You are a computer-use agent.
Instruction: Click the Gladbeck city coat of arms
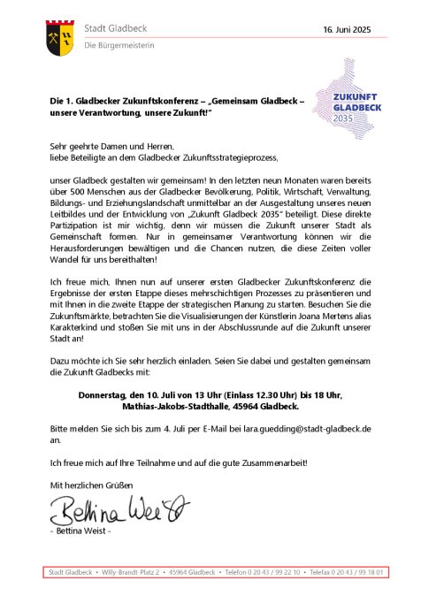[x=62, y=35]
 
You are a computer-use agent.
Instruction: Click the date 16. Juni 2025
[x=346, y=30]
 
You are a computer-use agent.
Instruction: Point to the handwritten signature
[x=119, y=510]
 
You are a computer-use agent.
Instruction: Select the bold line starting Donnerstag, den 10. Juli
[x=211, y=396]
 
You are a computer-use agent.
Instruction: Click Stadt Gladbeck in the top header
[x=118, y=29]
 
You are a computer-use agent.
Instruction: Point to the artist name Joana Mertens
[x=308, y=325]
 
